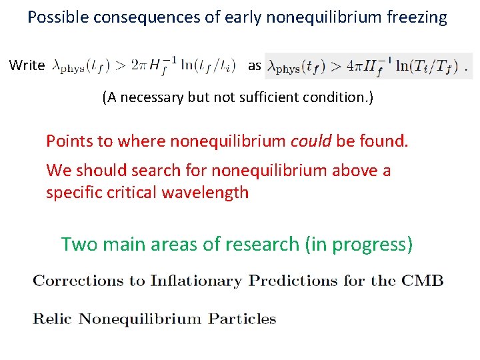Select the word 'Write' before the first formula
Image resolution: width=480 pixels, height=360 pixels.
[27, 66]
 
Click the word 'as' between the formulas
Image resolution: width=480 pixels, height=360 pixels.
[255, 65]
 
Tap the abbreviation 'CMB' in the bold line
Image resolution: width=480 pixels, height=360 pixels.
[422, 280]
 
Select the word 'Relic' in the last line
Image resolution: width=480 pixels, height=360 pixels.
[53, 319]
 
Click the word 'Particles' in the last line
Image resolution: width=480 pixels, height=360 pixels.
[242, 319]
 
